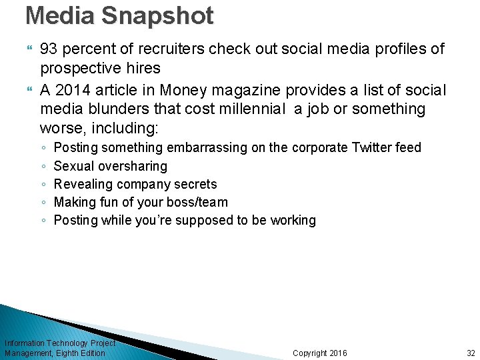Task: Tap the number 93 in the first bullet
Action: (x=48, y=49)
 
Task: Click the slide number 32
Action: (x=471, y=353)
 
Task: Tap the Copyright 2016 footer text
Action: (x=320, y=353)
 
